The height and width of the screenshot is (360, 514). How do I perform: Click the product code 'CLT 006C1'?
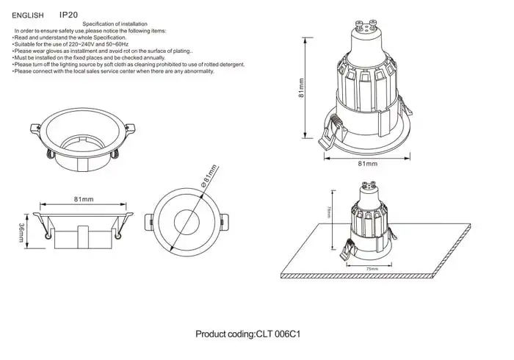coord(279,334)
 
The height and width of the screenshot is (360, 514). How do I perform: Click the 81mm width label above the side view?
coord(84,199)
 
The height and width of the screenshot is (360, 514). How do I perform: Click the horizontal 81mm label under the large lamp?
coord(367,163)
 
